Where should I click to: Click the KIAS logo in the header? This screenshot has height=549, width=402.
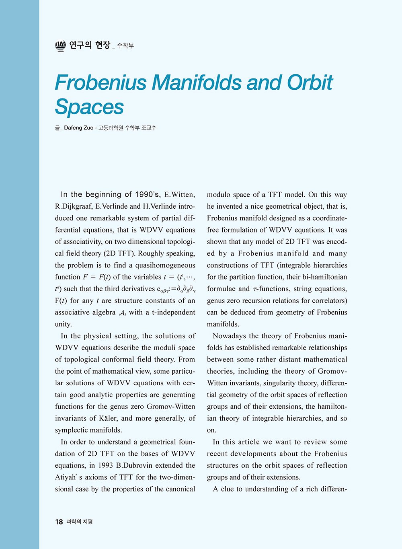(x=60, y=46)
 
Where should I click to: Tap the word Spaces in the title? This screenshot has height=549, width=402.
(x=89, y=107)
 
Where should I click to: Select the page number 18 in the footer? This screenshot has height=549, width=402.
(x=59, y=522)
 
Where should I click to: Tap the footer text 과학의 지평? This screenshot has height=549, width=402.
(x=80, y=522)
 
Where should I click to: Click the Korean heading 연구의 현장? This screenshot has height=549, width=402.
(x=89, y=45)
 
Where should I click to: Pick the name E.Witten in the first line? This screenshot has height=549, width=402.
(x=179, y=195)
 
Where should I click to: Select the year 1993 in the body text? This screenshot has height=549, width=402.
(x=105, y=465)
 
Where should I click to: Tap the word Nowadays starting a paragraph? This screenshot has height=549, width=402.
(x=229, y=336)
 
